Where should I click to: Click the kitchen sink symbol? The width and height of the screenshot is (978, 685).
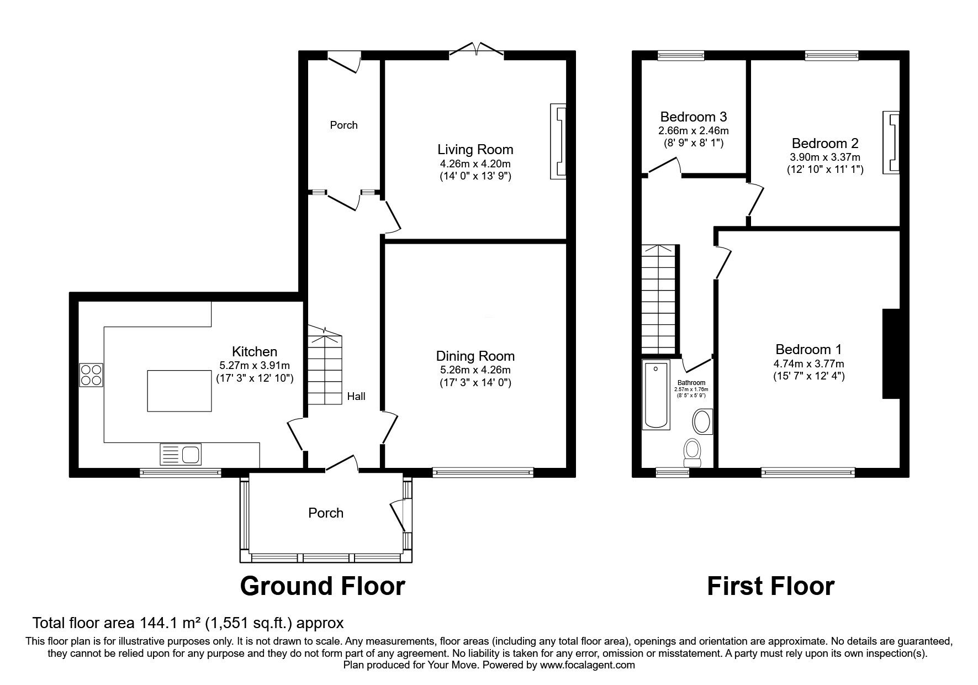click(181, 454)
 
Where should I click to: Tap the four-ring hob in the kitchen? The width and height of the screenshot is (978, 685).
click(91, 375)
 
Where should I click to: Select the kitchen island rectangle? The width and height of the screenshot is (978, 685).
click(179, 391)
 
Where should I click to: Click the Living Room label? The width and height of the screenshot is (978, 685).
click(475, 149)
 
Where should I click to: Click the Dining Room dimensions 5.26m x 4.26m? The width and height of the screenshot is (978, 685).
click(475, 370)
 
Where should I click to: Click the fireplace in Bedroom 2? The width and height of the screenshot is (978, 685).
click(892, 142)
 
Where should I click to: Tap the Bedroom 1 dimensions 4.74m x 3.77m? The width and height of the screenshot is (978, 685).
click(808, 363)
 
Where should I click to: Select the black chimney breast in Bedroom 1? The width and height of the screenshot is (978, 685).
click(891, 354)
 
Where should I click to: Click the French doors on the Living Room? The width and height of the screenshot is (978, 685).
click(476, 50)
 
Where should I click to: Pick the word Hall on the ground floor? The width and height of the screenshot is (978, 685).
click(356, 396)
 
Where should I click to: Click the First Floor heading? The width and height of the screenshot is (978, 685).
click(770, 586)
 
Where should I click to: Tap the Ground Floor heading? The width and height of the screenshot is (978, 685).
click(323, 586)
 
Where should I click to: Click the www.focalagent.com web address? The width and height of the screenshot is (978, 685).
click(587, 665)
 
